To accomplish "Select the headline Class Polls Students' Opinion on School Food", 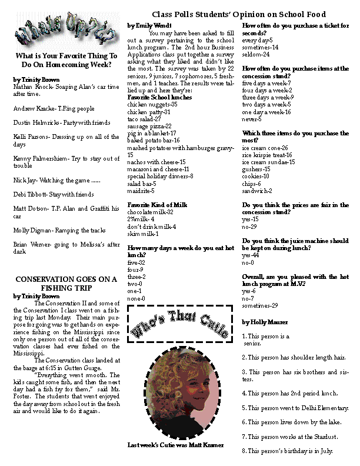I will click(x=239, y=14).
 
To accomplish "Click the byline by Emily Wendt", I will click(x=149, y=26).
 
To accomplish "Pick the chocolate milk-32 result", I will click(x=150, y=211).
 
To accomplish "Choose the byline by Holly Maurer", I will click(x=265, y=322).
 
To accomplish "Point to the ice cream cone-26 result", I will click(x=265, y=148).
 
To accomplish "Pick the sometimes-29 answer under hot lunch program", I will click(x=260, y=305).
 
